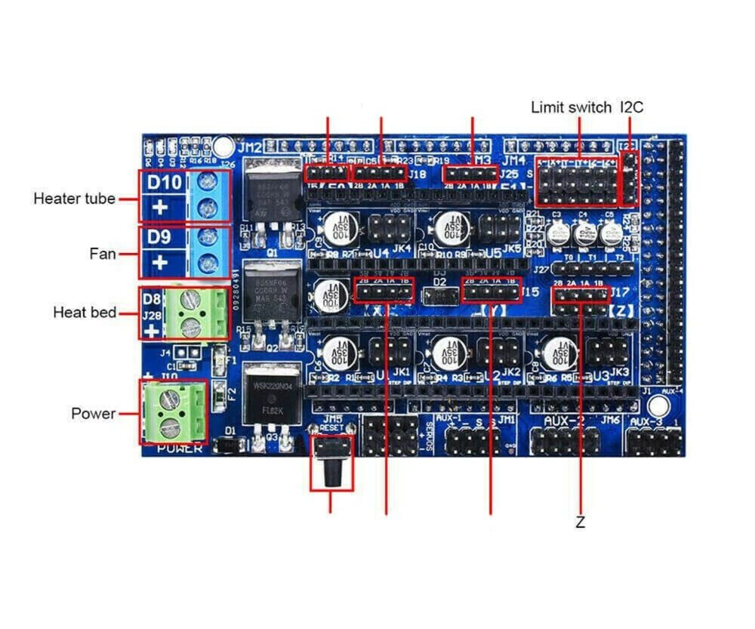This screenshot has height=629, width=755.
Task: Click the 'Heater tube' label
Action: tap(74, 199)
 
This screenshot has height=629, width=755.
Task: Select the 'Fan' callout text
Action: tap(103, 254)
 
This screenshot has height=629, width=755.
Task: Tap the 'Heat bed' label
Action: tap(85, 312)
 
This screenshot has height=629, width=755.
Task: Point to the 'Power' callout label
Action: tap(94, 414)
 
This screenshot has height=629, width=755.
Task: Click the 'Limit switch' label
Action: tap(571, 107)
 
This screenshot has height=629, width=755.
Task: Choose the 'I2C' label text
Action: tap(631, 107)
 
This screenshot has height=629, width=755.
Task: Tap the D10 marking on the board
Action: tap(164, 183)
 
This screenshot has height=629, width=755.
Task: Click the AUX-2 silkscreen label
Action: tap(563, 420)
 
